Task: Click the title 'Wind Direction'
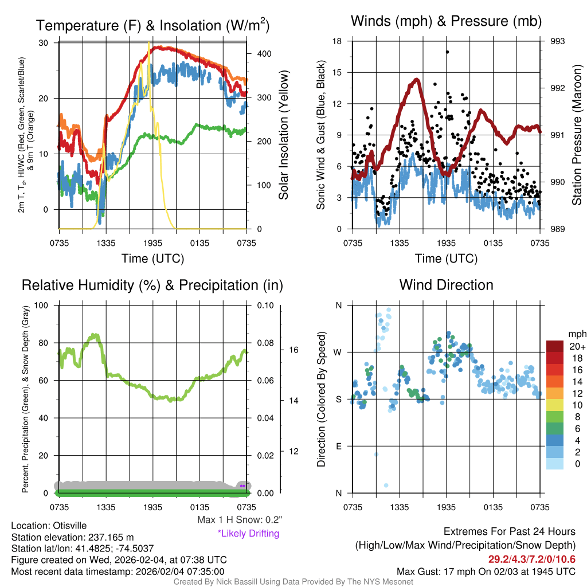446,285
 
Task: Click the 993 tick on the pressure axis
558,41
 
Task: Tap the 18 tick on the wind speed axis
338,41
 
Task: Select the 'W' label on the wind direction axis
338,352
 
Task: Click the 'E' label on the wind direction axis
338,446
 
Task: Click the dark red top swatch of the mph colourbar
554,346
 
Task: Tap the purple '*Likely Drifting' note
248,534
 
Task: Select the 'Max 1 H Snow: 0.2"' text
239,520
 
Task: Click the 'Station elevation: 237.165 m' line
72,537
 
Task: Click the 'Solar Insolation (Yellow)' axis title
284,136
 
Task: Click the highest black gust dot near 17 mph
447,52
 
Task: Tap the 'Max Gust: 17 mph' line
486,572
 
